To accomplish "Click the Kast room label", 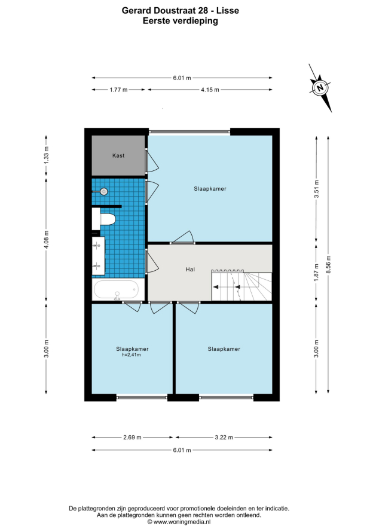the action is (118, 156).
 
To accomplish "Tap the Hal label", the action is (190, 270).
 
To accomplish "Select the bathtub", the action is (116, 290).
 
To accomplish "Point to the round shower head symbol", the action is (104, 192).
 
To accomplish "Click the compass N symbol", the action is (320, 87).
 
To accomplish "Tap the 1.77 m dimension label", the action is (118, 90).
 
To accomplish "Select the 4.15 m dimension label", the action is (210, 90).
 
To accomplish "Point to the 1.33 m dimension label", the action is (47, 155).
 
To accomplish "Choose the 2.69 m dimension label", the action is (132, 438).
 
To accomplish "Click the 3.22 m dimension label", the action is (224, 438).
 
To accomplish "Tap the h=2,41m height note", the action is (132, 355).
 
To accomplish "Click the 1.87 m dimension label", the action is (316, 273).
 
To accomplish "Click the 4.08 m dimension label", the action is (47, 240).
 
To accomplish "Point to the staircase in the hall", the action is (242, 285).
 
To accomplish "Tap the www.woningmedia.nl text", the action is (182, 522).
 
